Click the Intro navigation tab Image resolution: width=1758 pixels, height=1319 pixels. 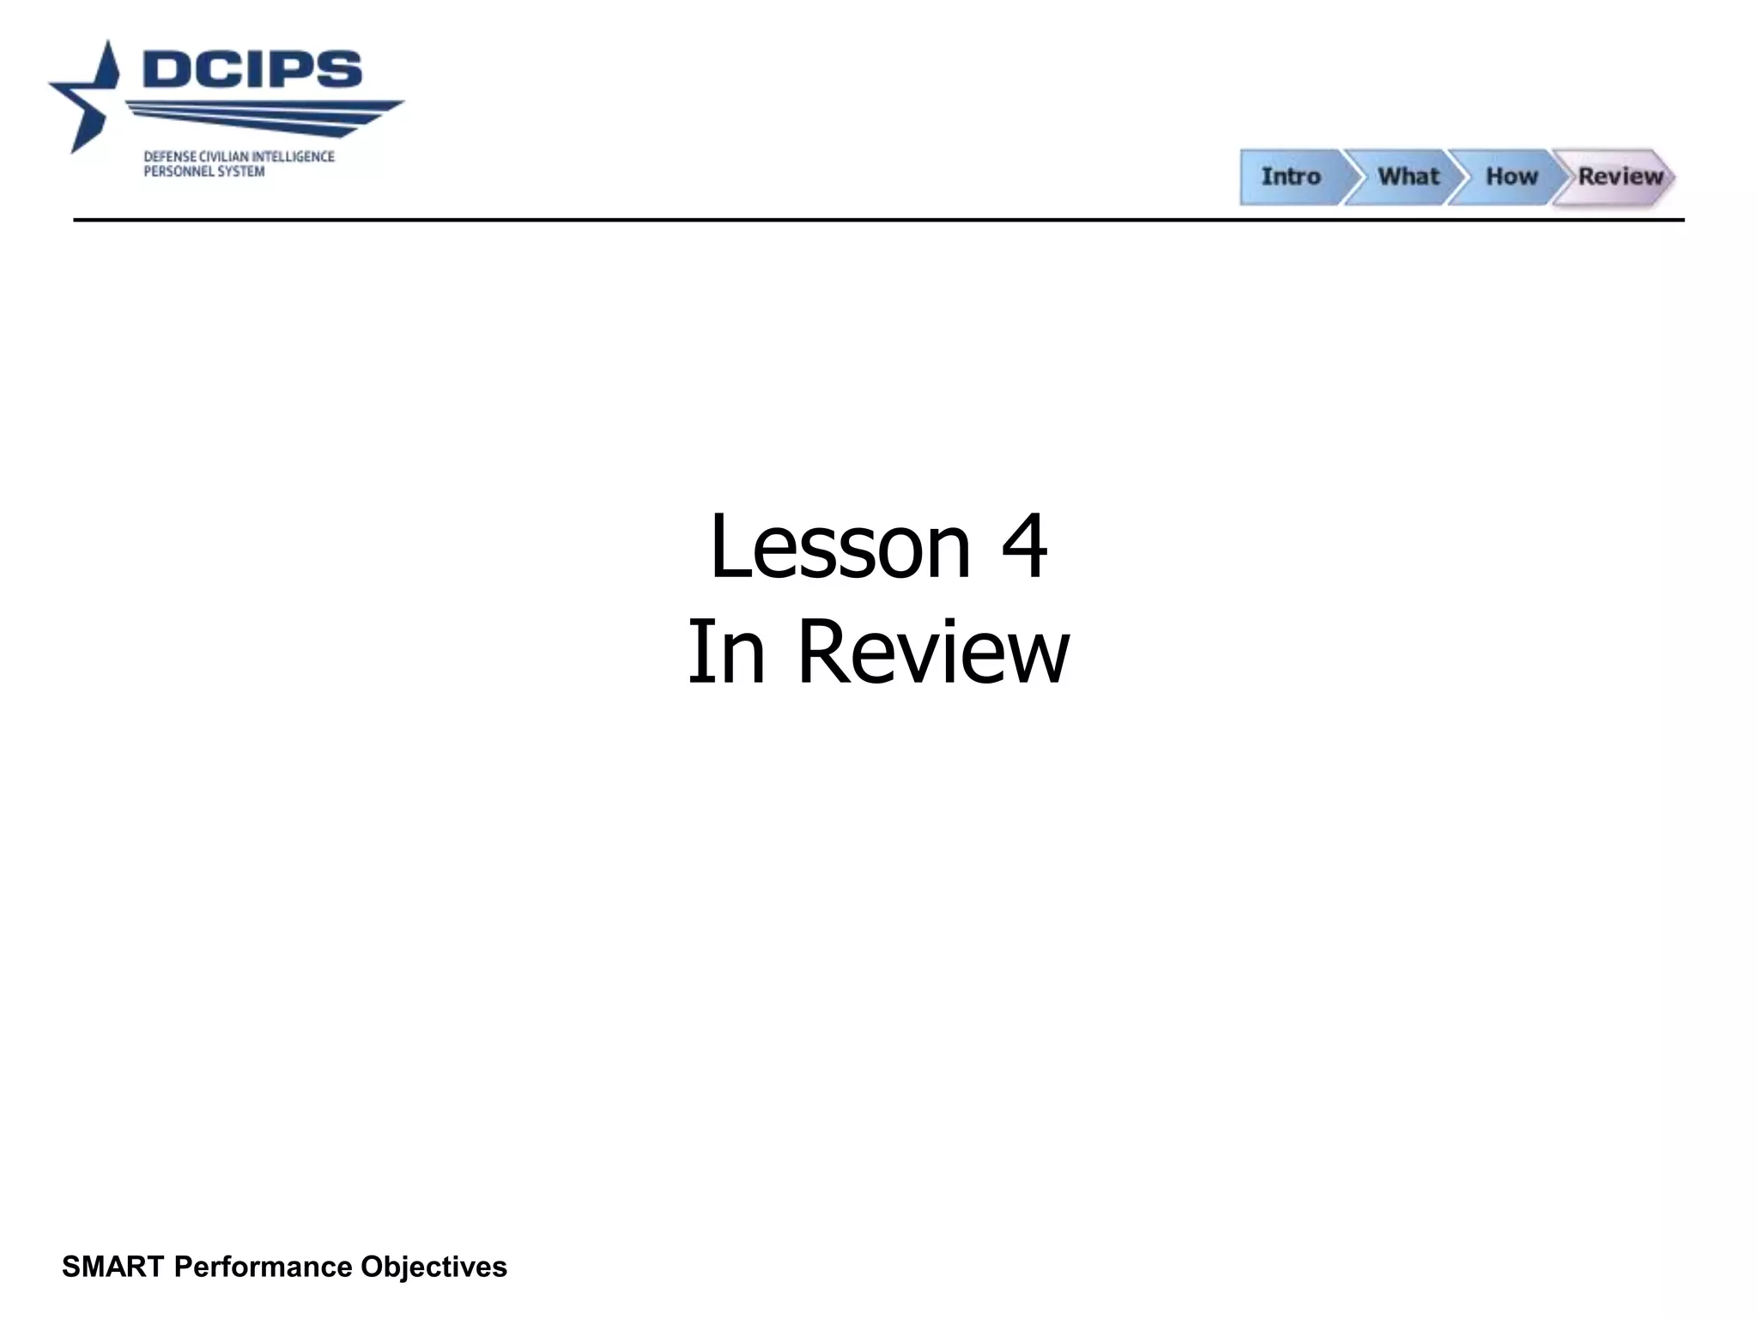click(1290, 177)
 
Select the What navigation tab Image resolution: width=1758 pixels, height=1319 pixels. click(1408, 177)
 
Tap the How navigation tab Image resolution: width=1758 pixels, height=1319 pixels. click(1512, 177)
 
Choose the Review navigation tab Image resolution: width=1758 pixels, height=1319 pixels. click(1620, 177)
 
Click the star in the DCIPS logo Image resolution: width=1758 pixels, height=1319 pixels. click(86, 99)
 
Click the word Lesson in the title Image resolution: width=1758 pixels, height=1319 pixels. click(840, 546)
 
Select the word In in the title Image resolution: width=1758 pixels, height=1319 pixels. click(726, 653)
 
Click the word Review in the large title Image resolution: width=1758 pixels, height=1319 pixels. click(933, 653)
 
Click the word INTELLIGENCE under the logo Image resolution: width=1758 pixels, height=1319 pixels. click(293, 157)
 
